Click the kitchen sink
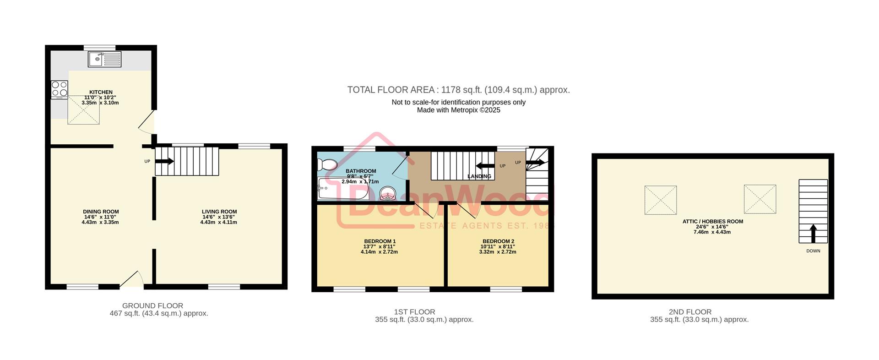(104, 59)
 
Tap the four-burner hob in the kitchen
(60, 89)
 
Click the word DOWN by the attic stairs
(813, 251)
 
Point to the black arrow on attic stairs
(813, 233)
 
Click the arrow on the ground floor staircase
(165, 161)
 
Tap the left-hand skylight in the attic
(660, 200)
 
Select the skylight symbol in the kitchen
(84, 110)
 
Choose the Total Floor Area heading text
(458, 90)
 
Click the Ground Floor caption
(152, 305)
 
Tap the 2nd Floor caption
(690, 312)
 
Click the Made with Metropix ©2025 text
(458, 110)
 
